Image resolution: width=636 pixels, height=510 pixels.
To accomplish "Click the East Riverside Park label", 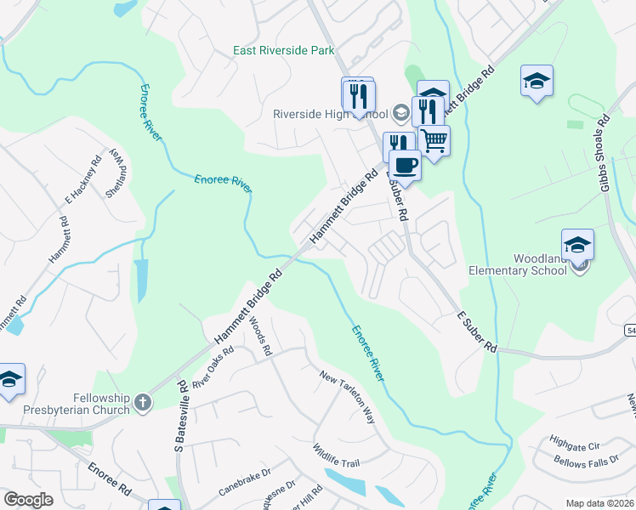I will (284, 51).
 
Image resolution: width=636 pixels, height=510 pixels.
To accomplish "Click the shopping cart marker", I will (434, 140).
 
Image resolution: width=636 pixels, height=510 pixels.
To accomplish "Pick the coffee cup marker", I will (406, 165).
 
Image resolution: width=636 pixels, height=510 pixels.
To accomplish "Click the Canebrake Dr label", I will (244, 486).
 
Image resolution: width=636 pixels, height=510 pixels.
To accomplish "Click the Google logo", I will (29, 500).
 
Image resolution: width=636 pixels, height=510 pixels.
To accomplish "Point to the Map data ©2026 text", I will (599, 503).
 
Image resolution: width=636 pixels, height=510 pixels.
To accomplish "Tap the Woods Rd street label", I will (260, 336).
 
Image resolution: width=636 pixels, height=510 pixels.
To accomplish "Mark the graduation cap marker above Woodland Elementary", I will (577, 245).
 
